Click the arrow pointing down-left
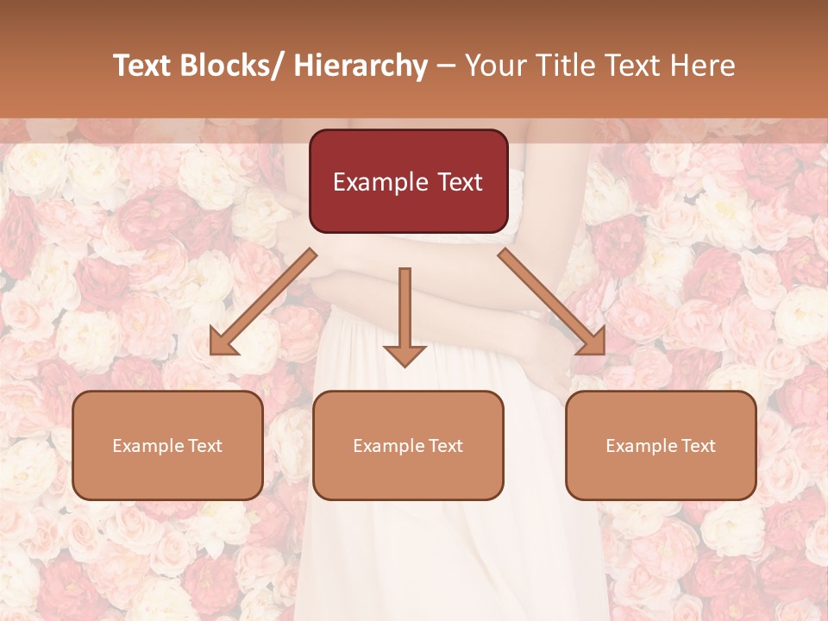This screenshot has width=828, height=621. pos(263,302)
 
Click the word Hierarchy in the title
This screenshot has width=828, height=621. pos(361,66)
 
